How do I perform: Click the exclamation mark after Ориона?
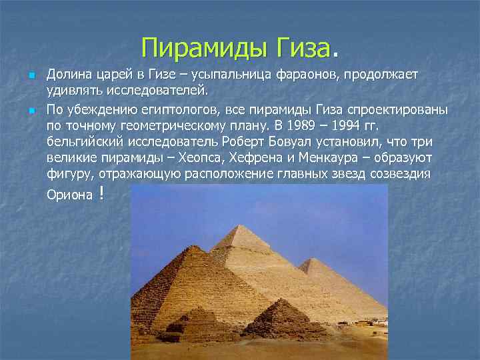pyautogui.click(x=100, y=193)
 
